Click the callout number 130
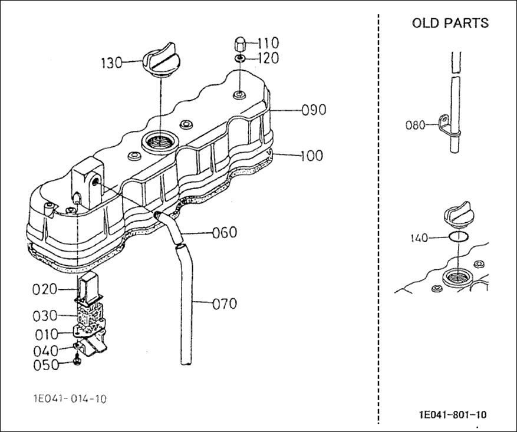click(111, 63)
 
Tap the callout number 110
click(268, 43)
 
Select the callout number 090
click(314, 110)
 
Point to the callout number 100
click(312, 156)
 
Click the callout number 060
click(225, 233)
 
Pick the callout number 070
click(225, 304)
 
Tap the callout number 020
click(45, 289)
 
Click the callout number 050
click(46, 365)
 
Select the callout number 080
click(416, 126)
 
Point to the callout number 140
click(419, 238)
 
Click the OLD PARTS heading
click(450, 23)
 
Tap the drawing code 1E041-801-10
click(453, 414)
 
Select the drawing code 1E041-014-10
click(70, 399)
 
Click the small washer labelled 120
click(240, 58)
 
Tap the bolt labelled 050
click(77, 361)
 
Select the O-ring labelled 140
click(458, 236)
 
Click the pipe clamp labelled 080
click(445, 124)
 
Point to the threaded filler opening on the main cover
click(160, 143)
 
